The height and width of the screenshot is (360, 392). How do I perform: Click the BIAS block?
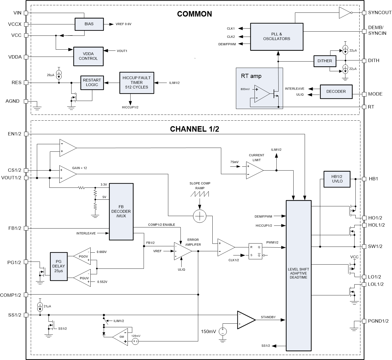89,24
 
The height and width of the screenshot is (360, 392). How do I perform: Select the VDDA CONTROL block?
88,56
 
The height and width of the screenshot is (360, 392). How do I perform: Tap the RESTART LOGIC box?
92,83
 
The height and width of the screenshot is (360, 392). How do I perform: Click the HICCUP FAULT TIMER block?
136,83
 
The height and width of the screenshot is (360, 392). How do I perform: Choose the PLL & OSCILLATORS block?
277,37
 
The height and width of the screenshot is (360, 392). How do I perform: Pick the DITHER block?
325,61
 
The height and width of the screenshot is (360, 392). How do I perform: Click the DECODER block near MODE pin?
336,92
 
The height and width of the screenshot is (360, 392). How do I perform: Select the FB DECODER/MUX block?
121,211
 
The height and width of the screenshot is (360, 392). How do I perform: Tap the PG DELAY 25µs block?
58,267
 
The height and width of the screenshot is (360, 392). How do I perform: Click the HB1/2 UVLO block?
337,179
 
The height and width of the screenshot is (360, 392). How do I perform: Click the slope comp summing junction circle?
200,216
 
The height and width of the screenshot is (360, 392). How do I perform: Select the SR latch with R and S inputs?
255,252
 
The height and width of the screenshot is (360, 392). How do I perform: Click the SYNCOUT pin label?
380,13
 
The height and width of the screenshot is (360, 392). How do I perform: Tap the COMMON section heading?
194,14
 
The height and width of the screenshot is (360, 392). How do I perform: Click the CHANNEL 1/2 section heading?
194,129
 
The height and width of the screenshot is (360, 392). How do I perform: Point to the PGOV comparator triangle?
83,257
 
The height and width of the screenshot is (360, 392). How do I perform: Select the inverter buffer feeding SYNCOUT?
345,13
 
